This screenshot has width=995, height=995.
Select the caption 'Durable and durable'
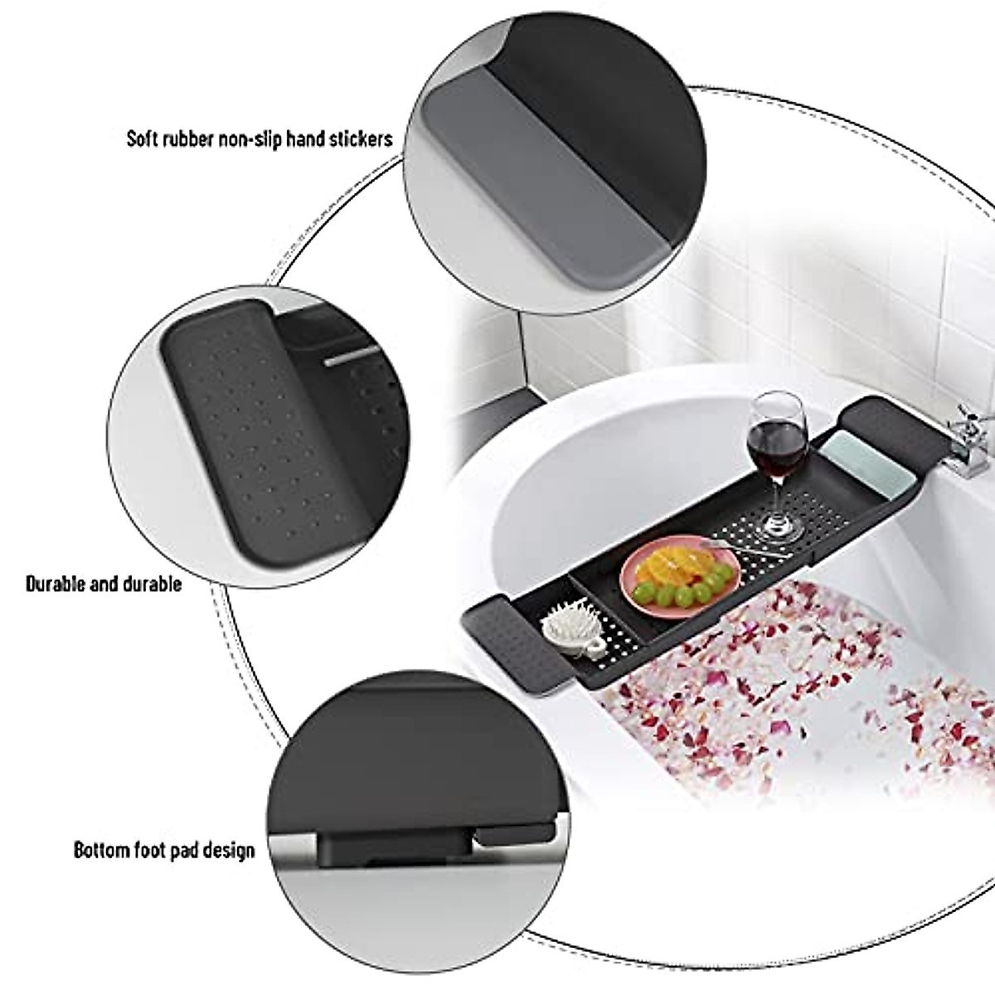(x=104, y=584)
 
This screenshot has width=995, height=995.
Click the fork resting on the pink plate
(x=746, y=551)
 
